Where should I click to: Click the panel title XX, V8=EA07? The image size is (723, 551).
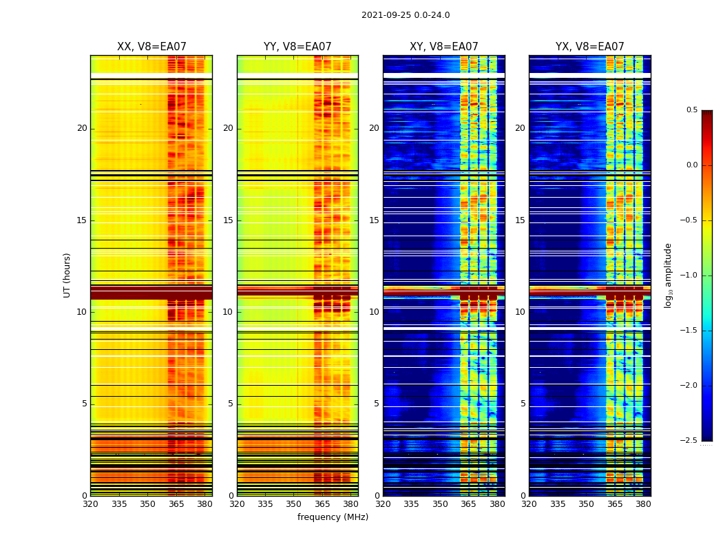click(151, 47)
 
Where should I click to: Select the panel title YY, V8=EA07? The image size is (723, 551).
click(297, 47)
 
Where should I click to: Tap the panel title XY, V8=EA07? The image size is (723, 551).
click(443, 47)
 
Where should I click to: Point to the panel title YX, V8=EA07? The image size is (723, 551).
click(589, 47)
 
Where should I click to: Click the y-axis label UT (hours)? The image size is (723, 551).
click(67, 275)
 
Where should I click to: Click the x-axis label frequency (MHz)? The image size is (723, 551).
click(333, 517)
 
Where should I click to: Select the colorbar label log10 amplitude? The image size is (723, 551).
click(668, 275)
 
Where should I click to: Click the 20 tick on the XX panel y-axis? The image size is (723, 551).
click(82, 128)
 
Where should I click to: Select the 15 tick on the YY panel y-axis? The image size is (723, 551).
click(228, 220)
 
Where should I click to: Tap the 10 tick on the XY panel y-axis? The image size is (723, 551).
click(374, 312)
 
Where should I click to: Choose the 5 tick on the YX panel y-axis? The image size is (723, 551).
click(523, 404)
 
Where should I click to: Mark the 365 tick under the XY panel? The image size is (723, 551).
click(468, 504)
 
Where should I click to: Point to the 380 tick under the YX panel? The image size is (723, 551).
click(643, 504)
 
